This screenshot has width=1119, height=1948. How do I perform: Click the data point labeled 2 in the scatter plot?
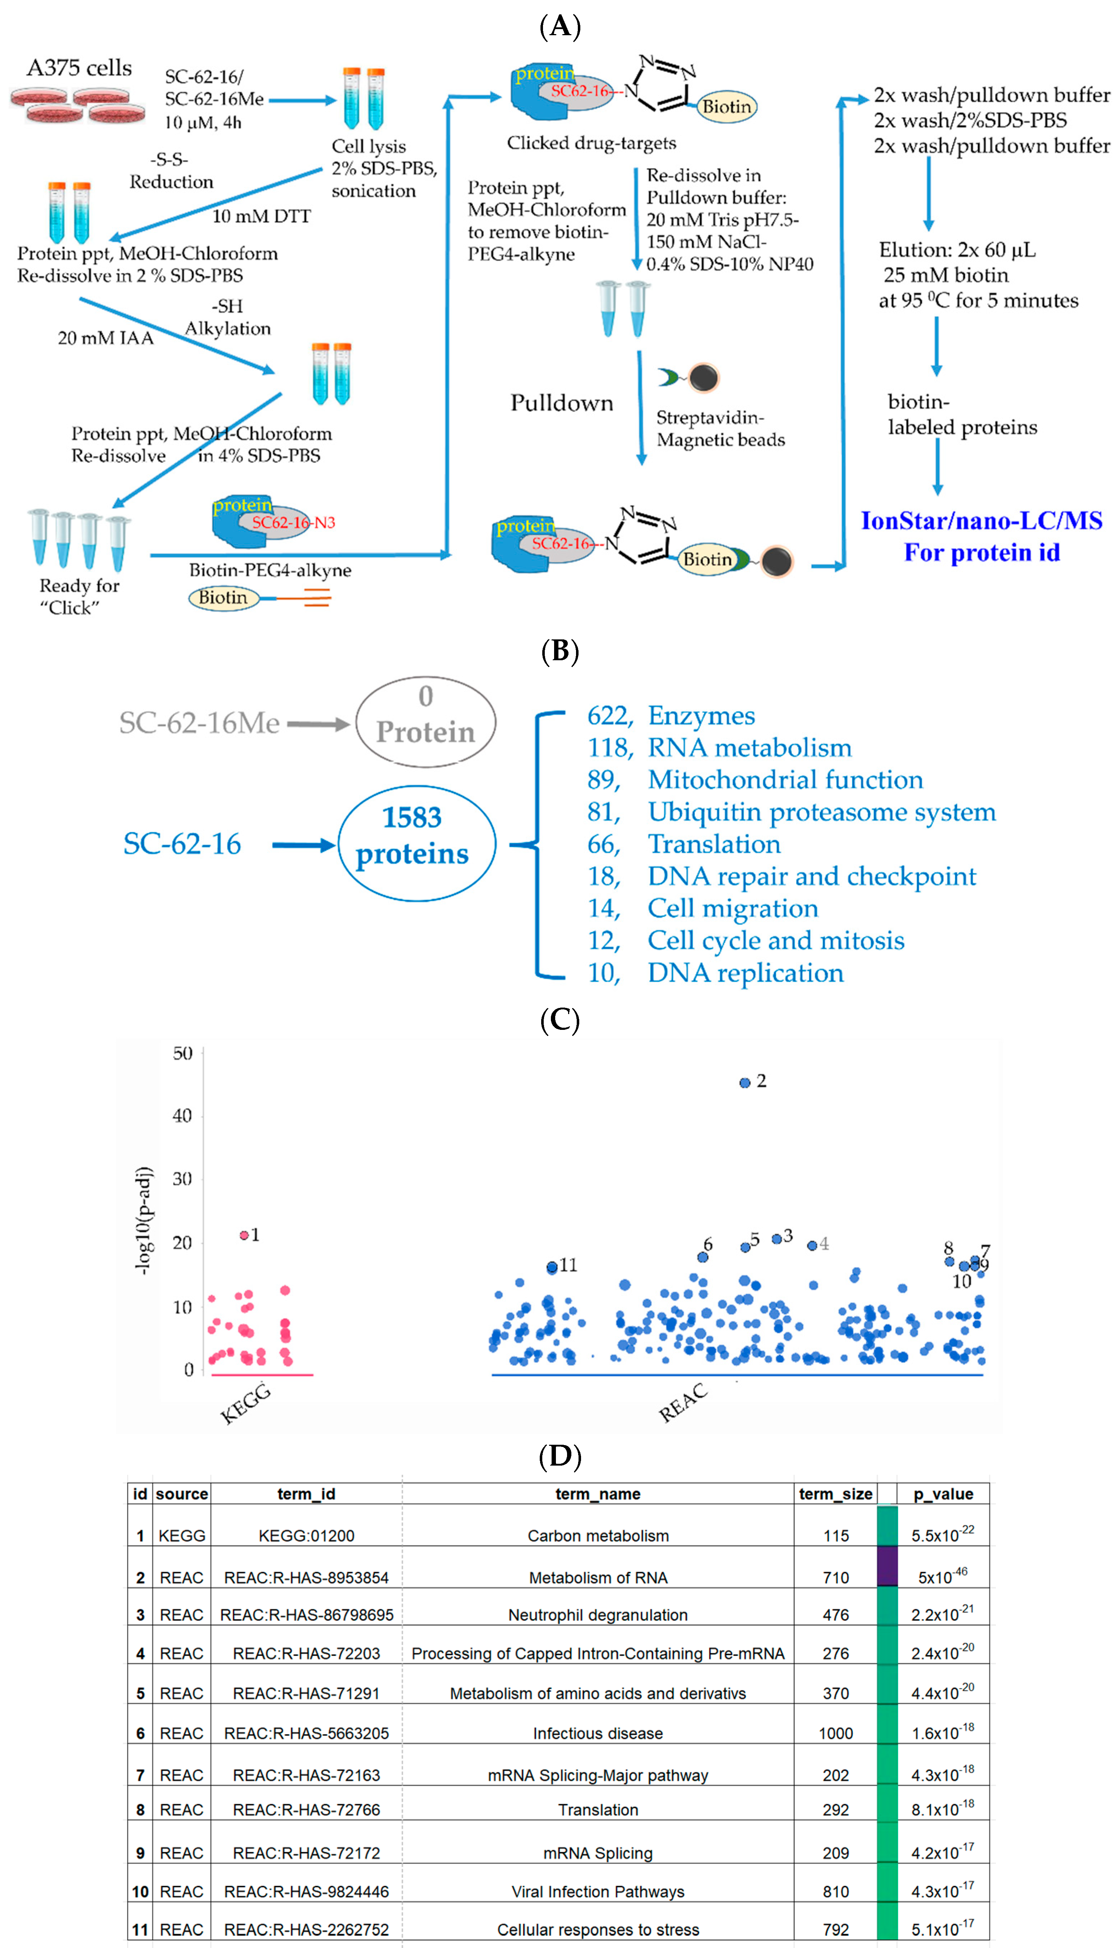point(744,1082)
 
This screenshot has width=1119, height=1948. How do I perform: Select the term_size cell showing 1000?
point(835,1733)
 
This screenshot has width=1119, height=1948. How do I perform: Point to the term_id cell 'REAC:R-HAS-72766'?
point(306,1810)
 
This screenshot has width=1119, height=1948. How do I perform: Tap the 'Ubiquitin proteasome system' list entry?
point(821,812)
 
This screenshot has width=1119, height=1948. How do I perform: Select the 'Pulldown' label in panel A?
point(562,403)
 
